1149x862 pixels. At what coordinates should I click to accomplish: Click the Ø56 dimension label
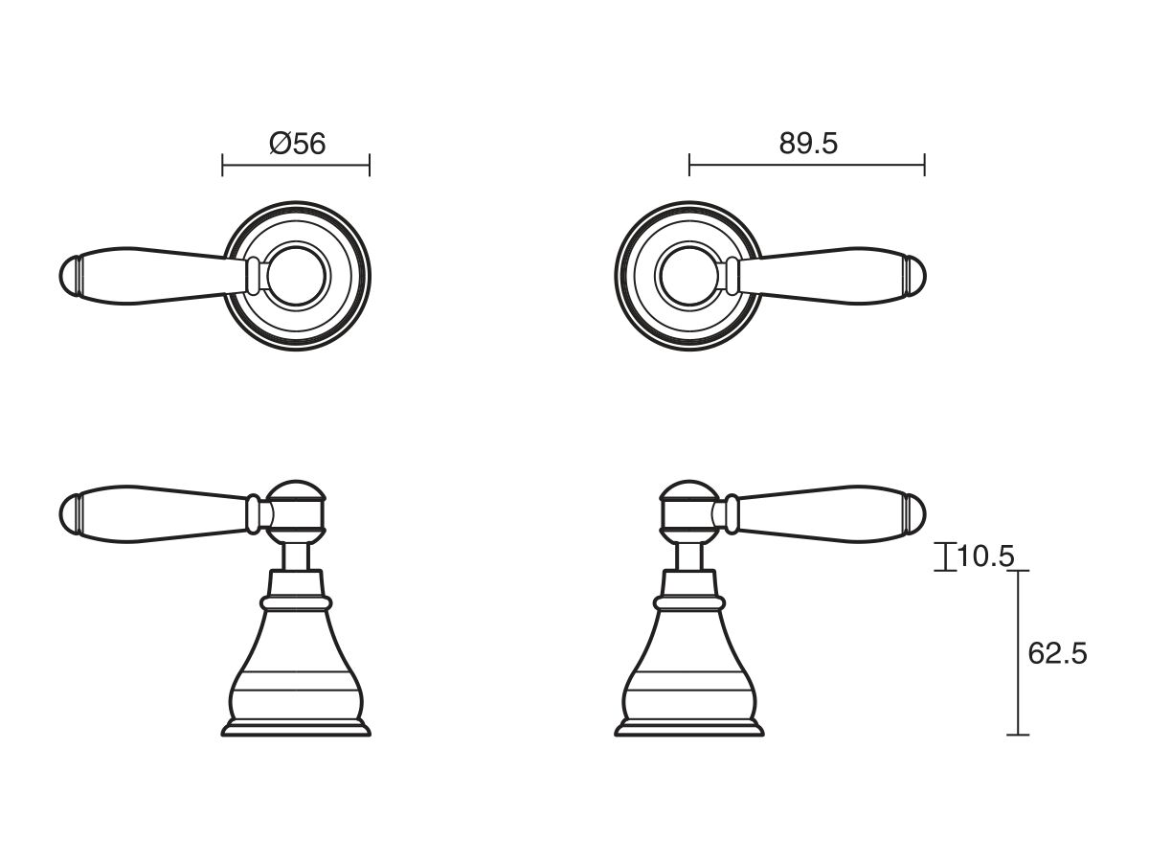298,144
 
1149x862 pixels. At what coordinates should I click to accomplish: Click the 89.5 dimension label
807,144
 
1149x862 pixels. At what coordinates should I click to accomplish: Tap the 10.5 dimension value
985,556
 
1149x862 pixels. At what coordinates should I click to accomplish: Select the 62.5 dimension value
1057,654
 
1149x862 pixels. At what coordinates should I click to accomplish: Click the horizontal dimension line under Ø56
295,166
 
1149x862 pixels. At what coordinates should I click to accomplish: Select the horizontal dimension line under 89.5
807,166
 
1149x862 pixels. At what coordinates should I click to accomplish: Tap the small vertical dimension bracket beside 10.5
945,556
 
